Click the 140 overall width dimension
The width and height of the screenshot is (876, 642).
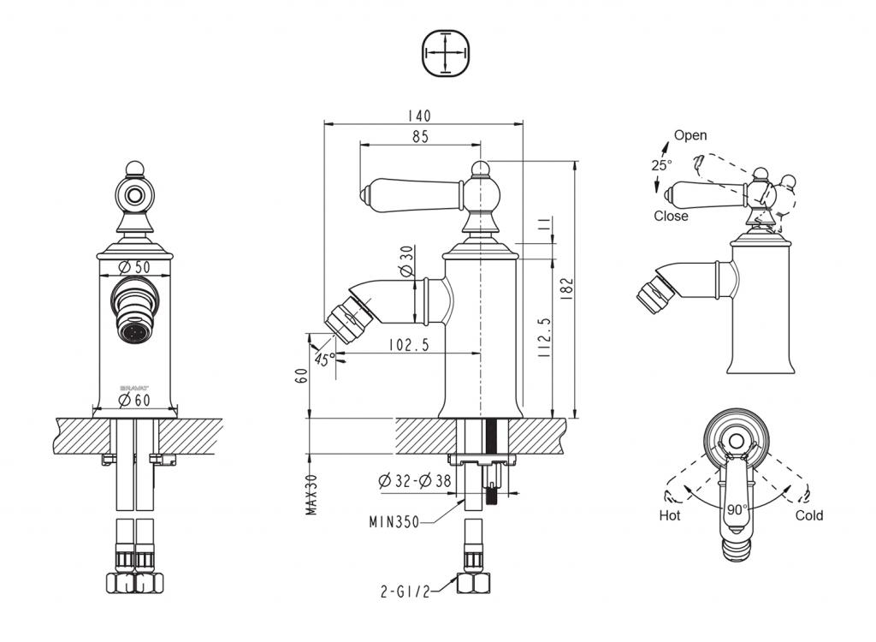419,116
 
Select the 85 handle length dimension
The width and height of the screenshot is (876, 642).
419,136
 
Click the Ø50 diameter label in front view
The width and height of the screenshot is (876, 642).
136,267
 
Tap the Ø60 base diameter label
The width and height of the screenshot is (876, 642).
135,400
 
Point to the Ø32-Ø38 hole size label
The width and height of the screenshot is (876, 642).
414,481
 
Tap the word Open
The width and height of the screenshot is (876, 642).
690,135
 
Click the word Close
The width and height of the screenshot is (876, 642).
671,216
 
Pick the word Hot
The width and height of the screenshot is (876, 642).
670,515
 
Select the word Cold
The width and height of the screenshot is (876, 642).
809,515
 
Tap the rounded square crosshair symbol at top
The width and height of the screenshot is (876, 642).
447,53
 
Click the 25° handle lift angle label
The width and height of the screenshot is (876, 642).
661,164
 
